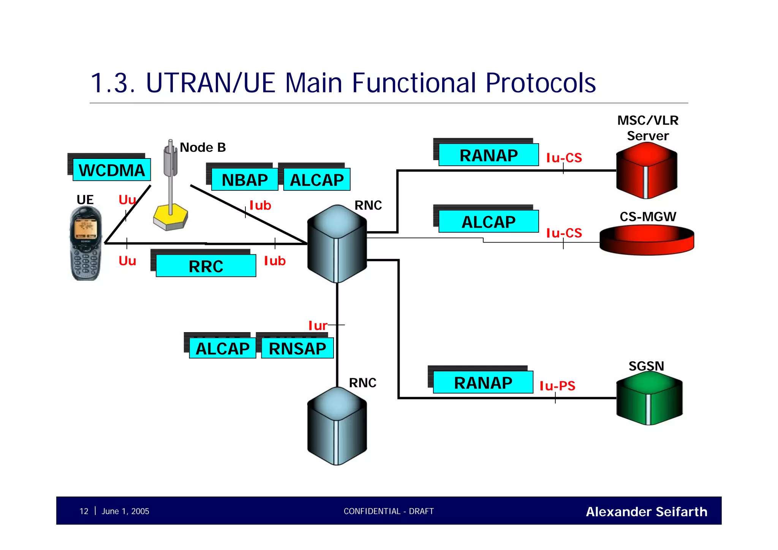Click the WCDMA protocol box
pos(111,170)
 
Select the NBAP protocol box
pos(245,180)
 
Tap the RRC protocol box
pos(206,266)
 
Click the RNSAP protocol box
pos(297,348)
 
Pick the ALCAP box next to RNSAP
pos(223,348)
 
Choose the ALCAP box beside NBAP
pos(316,180)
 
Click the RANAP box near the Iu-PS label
pos(483,382)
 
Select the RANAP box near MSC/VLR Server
pos(489,155)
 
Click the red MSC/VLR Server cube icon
pos(646,171)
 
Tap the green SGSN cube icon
pos(649,398)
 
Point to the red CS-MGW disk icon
pos(647,240)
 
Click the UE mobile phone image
pos(86,243)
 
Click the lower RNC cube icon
pos(337,426)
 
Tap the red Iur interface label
pos(318,326)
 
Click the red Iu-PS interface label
pos(557,386)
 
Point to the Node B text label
pos(203,147)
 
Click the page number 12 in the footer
pos(84,511)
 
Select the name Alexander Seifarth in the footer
pos(646,512)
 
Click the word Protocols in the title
pos(540,83)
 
